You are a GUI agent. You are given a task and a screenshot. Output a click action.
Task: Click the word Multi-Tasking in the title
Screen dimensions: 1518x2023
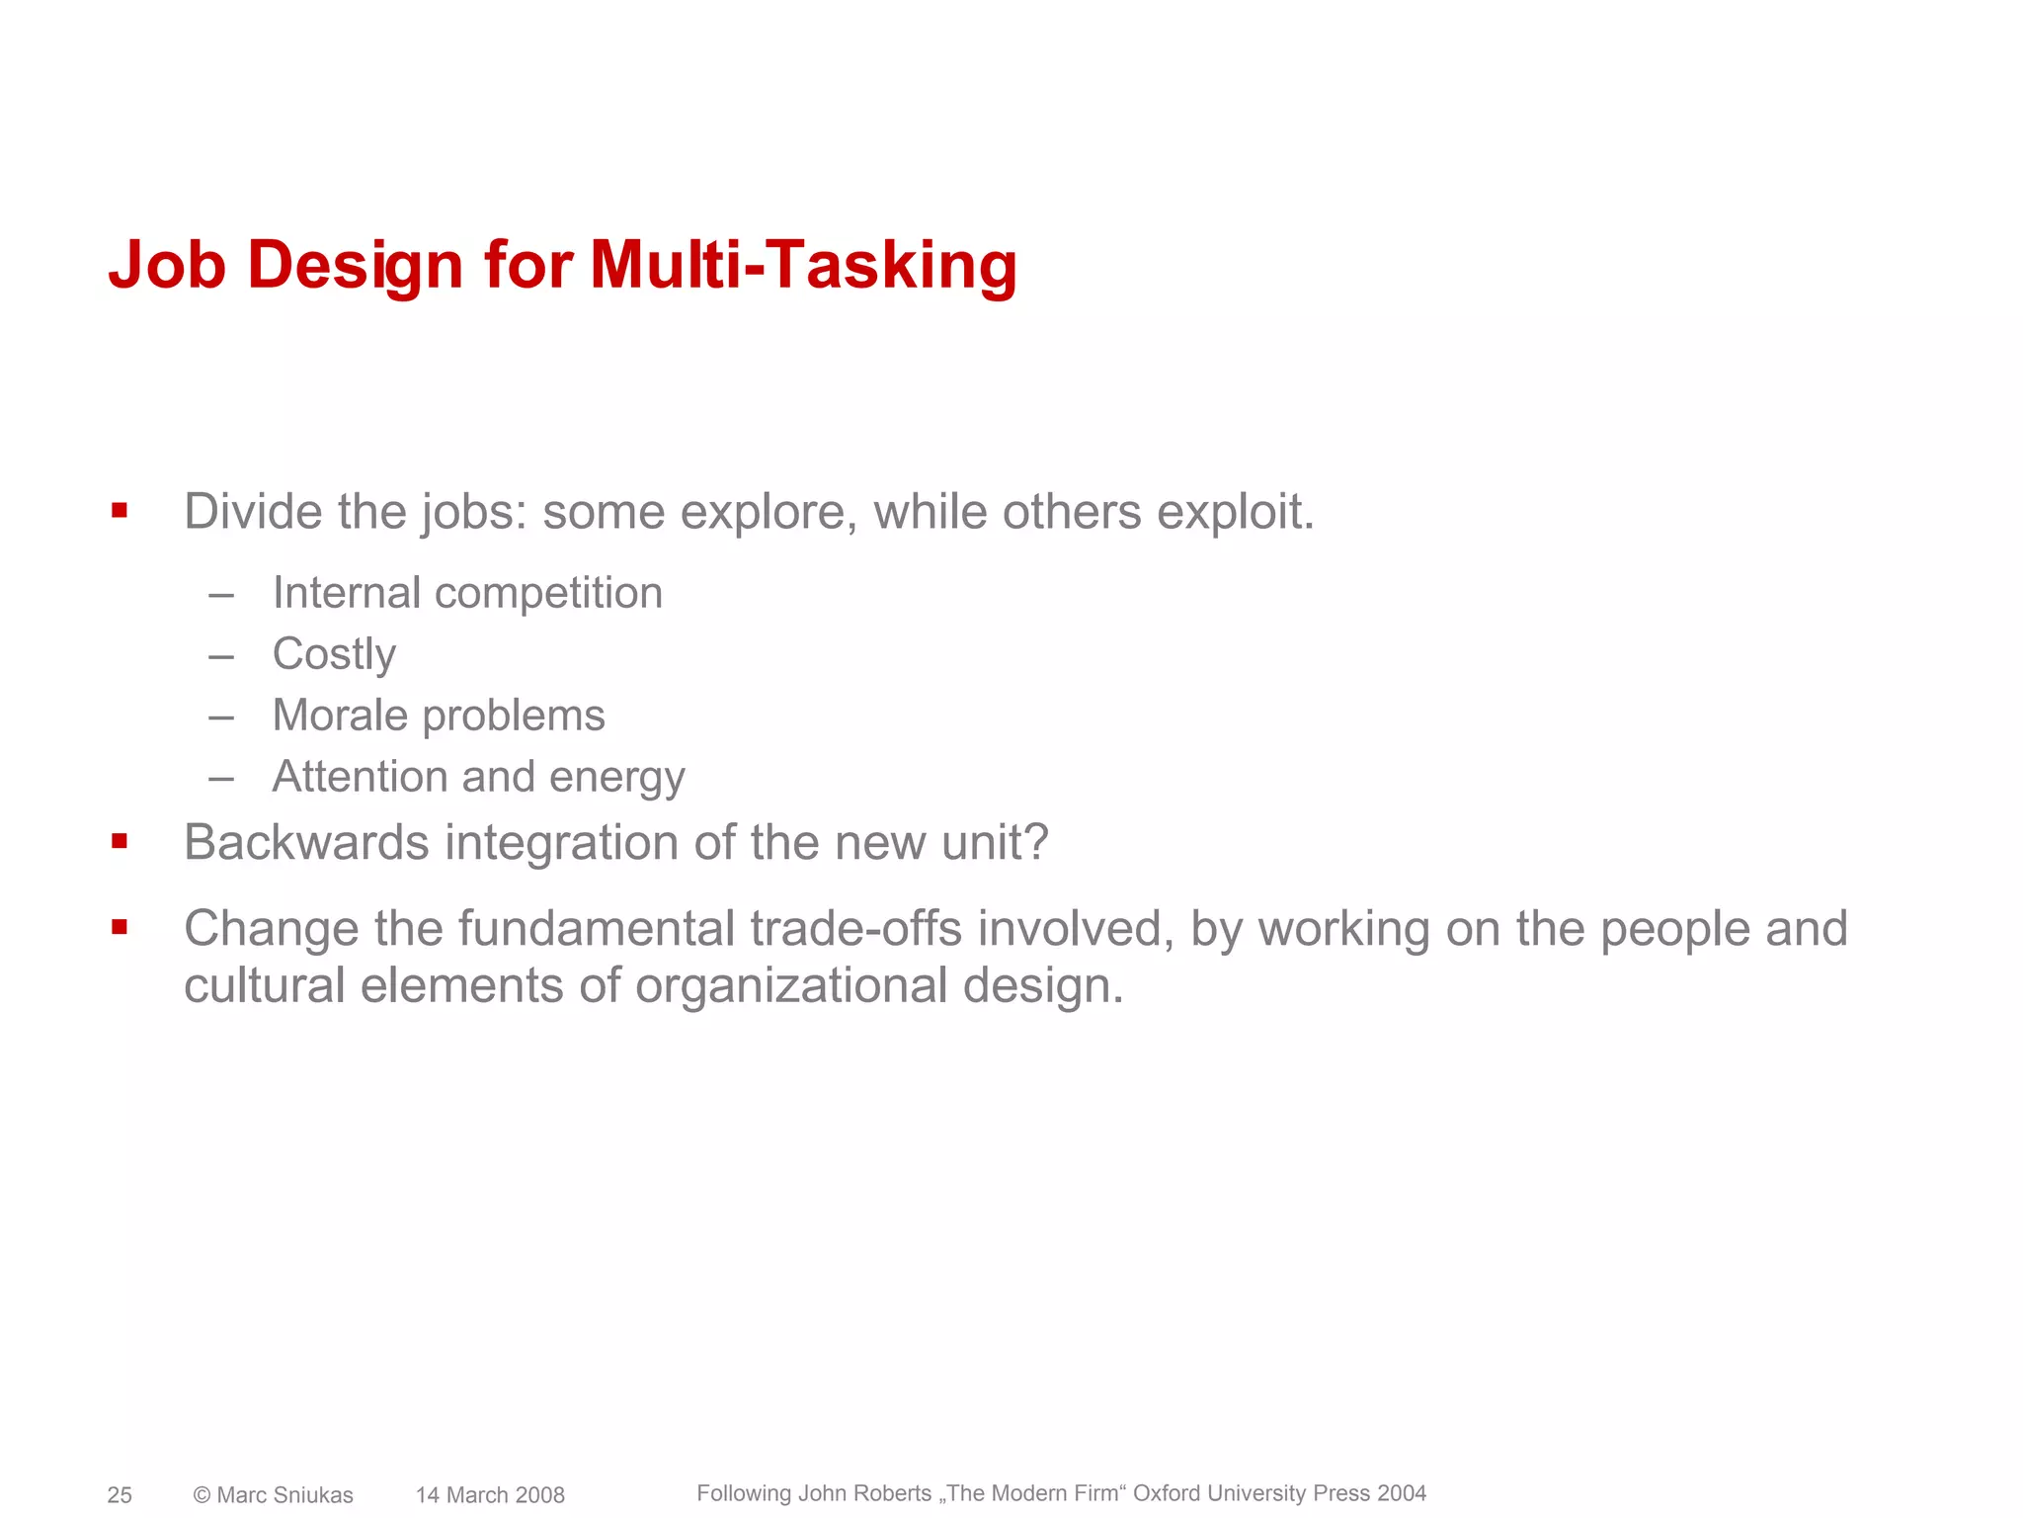click(x=802, y=265)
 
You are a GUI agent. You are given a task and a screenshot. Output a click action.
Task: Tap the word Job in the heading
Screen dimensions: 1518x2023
click(x=167, y=265)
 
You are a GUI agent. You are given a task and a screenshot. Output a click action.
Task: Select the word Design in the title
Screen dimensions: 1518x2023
click(x=355, y=265)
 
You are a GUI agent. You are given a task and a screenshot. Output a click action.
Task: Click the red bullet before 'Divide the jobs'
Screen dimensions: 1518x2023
click(x=120, y=511)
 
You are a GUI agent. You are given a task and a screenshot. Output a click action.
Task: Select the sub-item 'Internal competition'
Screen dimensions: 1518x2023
click(x=467, y=593)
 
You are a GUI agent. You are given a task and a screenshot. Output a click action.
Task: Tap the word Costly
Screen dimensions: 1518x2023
click(x=334, y=654)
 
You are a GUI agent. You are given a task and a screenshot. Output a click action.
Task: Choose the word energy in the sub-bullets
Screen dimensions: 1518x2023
click(x=616, y=777)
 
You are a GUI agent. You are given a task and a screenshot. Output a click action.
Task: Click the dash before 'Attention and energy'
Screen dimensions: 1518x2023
click(x=221, y=778)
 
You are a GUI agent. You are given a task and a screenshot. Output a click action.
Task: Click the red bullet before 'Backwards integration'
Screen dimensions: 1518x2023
click(x=120, y=842)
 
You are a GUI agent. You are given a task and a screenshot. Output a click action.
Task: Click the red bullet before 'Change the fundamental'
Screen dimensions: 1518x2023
click(x=120, y=927)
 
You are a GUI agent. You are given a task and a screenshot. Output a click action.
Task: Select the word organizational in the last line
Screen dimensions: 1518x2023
click(x=791, y=986)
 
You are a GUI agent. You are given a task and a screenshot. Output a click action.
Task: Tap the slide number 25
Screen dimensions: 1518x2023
click(x=120, y=1495)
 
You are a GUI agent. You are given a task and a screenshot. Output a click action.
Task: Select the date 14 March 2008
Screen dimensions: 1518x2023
click(x=490, y=1495)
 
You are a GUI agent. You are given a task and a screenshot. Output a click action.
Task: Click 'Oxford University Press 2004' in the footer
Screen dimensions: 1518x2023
click(x=1279, y=1493)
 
